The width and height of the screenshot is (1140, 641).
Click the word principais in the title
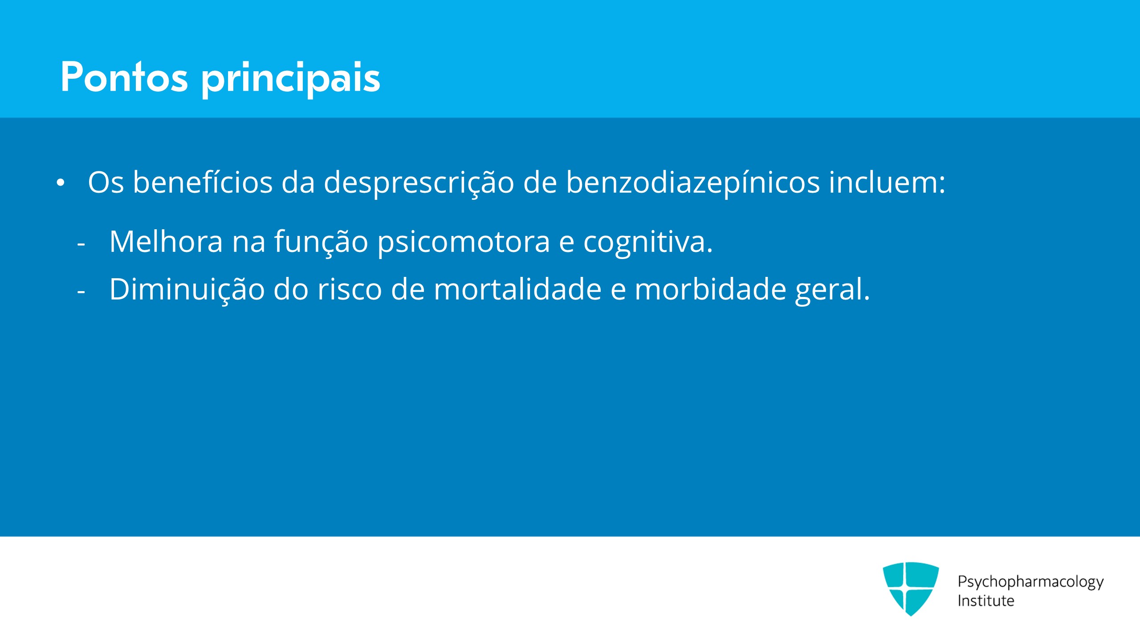click(291, 79)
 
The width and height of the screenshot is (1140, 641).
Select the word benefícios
click(203, 182)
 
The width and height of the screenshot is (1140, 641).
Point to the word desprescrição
click(419, 183)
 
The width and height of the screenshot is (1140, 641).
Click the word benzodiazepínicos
click(692, 183)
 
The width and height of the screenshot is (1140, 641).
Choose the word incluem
click(887, 182)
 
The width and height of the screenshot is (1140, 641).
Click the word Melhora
click(166, 241)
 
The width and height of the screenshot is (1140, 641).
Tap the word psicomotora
click(464, 243)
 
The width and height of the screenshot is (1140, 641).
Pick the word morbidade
click(710, 289)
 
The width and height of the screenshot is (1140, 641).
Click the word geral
click(832, 290)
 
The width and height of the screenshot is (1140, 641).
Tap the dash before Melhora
click(81, 244)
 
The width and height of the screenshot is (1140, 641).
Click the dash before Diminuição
click(81, 292)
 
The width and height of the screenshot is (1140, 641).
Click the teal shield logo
click(911, 588)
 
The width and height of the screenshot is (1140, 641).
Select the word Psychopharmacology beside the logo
click(1030, 582)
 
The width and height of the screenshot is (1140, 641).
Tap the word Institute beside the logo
click(986, 600)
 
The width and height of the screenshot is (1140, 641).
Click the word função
click(321, 243)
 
